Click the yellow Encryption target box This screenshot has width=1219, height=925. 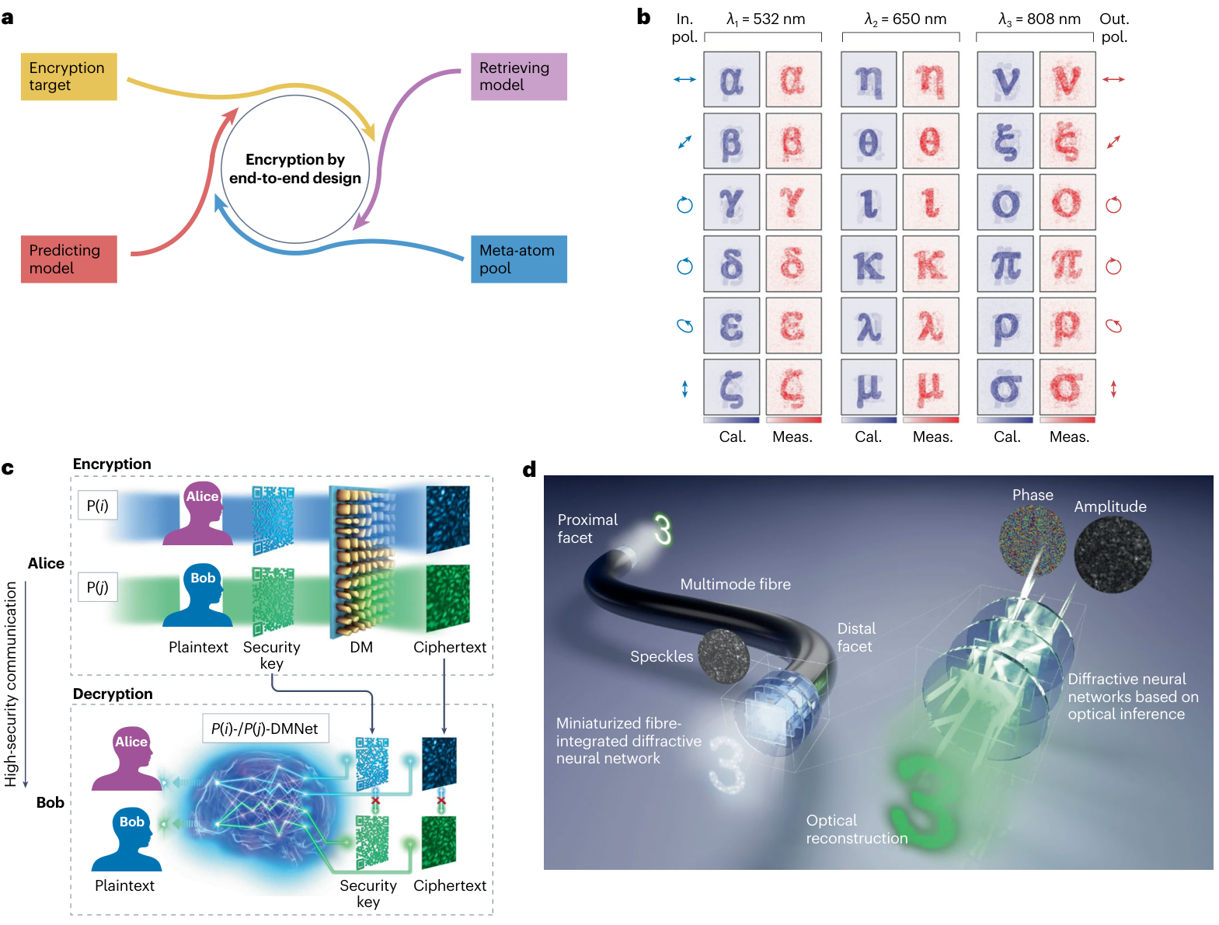68,76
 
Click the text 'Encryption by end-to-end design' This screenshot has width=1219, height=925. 294,168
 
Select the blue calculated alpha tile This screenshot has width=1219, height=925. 730,78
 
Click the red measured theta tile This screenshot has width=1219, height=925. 929,141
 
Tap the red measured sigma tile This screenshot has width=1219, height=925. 1066,386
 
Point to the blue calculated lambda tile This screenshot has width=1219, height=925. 868,325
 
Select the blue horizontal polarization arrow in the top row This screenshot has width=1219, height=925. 684,79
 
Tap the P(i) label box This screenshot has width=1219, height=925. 97,504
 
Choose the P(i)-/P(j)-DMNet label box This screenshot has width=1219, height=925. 264,727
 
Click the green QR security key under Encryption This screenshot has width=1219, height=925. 272,600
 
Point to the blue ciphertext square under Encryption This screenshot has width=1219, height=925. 447,518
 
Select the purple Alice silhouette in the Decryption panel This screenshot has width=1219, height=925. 127,757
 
